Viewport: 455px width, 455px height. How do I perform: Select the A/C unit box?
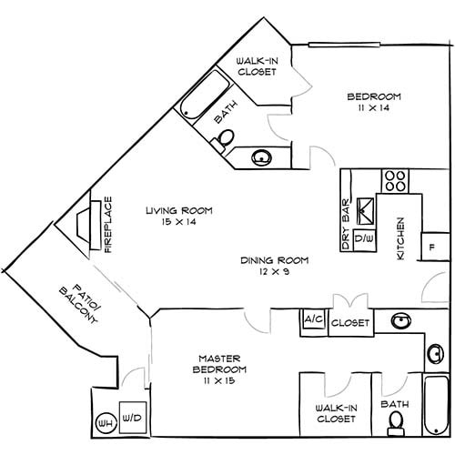coord(313,321)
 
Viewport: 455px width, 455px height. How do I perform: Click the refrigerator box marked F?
coord(433,247)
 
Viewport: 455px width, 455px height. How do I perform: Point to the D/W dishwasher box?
coord(364,238)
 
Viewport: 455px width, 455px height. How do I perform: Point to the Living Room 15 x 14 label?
coord(178,216)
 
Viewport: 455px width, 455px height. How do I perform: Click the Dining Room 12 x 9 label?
coord(274,266)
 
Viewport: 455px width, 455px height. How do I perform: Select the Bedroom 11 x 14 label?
coord(374,102)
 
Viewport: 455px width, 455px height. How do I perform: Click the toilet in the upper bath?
coord(223,137)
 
